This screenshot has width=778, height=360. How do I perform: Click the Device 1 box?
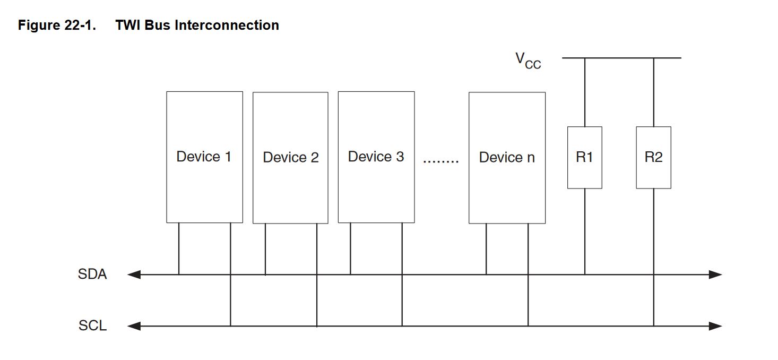(x=204, y=157)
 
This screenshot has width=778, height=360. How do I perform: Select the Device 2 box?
(x=290, y=158)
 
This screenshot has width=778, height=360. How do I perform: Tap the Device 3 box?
(x=376, y=157)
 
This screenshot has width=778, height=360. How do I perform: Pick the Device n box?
(x=507, y=158)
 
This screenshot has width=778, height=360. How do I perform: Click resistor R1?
(x=584, y=158)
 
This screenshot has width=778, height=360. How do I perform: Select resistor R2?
(x=653, y=158)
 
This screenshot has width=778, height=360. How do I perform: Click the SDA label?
(x=92, y=275)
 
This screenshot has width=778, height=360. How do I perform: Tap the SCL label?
(x=92, y=325)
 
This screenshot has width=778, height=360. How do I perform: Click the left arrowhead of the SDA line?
(x=134, y=275)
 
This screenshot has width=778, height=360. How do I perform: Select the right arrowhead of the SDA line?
(x=715, y=275)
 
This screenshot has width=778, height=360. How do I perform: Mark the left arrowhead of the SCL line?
(x=134, y=326)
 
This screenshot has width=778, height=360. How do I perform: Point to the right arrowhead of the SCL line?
(x=715, y=326)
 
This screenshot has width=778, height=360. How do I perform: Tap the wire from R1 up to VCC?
(x=585, y=92)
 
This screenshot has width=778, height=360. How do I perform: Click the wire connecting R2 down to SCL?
(x=653, y=258)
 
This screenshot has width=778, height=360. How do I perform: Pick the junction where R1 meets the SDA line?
(x=585, y=275)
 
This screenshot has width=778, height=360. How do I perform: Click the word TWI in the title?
(x=128, y=25)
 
